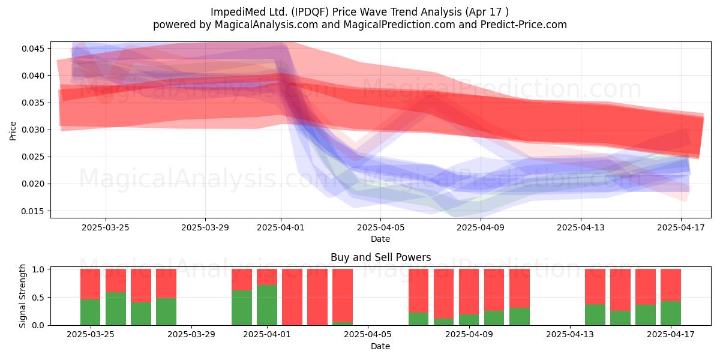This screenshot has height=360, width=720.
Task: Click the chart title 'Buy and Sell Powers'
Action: [x=380, y=257]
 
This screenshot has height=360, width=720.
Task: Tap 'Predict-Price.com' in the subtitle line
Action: [x=524, y=25]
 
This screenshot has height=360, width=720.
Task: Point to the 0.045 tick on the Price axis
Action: [x=34, y=49]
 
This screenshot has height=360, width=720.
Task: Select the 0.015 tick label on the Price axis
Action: [x=34, y=211]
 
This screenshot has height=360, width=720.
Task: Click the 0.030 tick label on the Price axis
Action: [x=34, y=130]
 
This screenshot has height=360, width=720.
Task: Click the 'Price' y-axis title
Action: [x=13, y=131]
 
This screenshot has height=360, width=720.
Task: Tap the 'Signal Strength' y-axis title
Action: [x=22, y=296]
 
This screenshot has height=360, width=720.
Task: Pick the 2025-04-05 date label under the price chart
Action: [x=380, y=228]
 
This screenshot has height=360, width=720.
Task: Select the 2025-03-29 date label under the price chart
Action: [x=205, y=228]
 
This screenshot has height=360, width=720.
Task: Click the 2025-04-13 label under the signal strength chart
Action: [x=570, y=335]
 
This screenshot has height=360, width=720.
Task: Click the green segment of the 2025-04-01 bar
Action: [x=267, y=305]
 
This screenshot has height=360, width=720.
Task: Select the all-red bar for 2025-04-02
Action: [x=292, y=297]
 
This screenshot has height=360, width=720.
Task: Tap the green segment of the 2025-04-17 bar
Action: [x=671, y=313]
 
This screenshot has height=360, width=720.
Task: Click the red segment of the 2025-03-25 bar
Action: [x=91, y=284]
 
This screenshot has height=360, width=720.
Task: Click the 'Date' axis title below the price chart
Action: [x=380, y=239]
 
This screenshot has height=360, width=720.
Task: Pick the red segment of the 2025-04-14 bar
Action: [x=620, y=290]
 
